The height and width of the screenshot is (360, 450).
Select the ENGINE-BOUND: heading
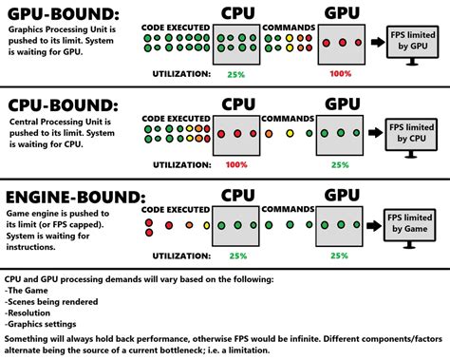point(74,197)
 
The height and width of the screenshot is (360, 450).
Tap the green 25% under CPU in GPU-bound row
point(235,74)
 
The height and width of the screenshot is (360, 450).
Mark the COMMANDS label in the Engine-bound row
point(287,209)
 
